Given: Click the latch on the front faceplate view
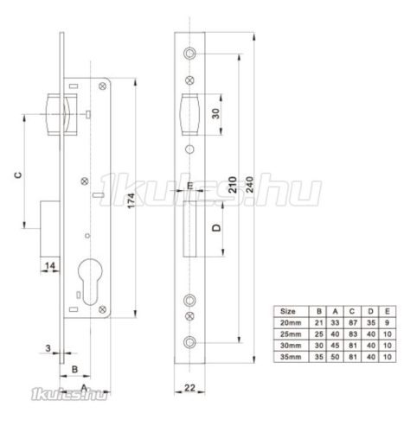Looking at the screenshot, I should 189,114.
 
